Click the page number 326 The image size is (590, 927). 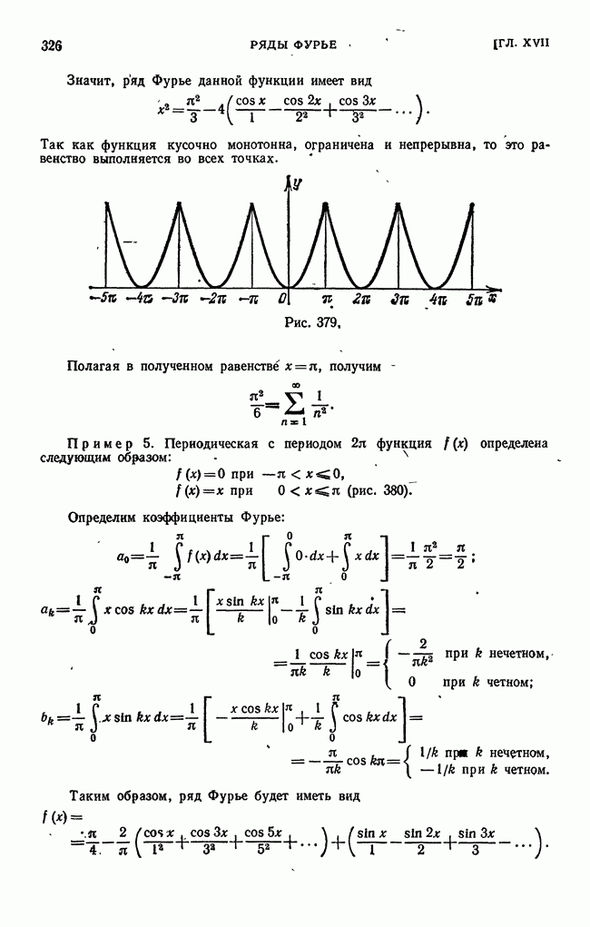pos(52,45)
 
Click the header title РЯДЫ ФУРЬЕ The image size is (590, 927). pos(293,44)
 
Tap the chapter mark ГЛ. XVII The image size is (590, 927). pos(521,44)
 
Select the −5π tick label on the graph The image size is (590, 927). pos(103,299)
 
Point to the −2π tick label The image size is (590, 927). pos(212,299)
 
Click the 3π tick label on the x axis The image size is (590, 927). pos(399,299)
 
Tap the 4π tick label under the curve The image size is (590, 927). pos(438,299)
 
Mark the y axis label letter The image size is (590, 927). pos(298,184)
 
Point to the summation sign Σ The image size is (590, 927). pos(293,403)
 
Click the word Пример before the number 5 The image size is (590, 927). pos(106,443)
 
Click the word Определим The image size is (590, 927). pos(101,518)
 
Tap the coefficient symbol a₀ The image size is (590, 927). pos(124,557)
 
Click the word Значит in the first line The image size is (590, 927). pos(90,81)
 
